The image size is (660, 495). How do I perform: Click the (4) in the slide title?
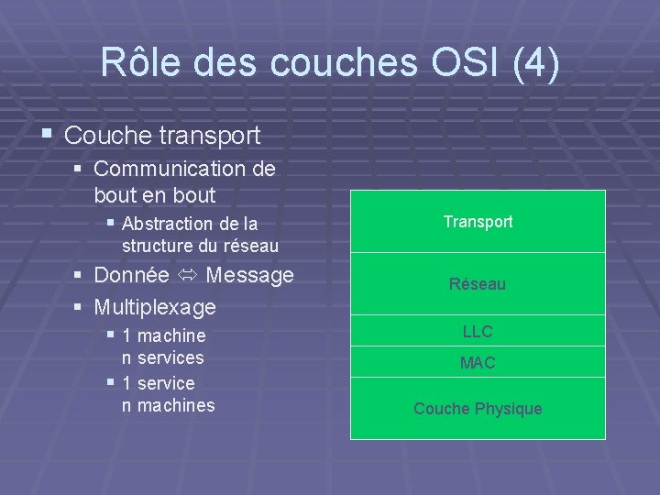point(534,63)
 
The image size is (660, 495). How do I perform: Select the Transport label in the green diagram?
point(478,222)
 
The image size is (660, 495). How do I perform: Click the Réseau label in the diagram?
point(478,284)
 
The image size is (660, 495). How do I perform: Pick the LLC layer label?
point(478,331)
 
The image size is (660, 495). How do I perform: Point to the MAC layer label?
point(478,363)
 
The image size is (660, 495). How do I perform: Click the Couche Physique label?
point(478,409)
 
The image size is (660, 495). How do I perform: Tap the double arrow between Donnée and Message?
point(187,276)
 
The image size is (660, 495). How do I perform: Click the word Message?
point(250,275)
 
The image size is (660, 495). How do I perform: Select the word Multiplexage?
point(155,307)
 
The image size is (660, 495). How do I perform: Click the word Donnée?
point(132,275)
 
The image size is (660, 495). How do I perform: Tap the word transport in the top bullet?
point(215,137)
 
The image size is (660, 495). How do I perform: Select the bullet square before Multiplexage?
point(78,306)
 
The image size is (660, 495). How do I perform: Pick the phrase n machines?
point(169,405)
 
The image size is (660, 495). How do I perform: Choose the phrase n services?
point(163,357)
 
